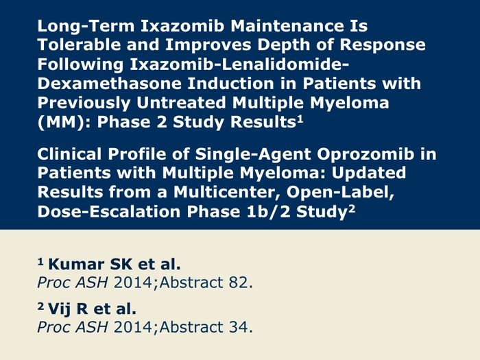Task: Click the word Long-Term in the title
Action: [x=86, y=26]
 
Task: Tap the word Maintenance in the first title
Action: [x=287, y=26]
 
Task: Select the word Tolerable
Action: [x=80, y=45]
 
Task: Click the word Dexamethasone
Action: [x=109, y=84]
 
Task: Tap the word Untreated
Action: [x=181, y=103]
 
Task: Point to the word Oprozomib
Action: [x=365, y=155]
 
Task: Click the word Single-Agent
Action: [x=253, y=155]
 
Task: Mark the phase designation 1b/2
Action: [x=269, y=212]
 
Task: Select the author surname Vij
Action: [x=60, y=309]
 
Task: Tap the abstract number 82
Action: [x=241, y=283]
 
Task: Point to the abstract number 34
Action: [x=241, y=327]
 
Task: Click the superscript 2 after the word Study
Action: [x=351, y=208]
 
